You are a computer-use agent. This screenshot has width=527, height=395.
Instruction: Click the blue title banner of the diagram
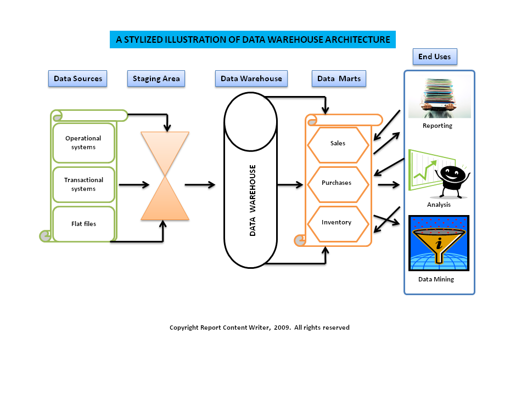pyautogui.click(x=253, y=39)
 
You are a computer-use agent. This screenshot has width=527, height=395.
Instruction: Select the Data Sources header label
pyautogui.click(x=77, y=78)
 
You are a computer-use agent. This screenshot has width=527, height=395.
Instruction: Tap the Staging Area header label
pyautogui.click(x=156, y=78)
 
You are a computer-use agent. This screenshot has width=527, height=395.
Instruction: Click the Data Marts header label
pyautogui.click(x=339, y=78)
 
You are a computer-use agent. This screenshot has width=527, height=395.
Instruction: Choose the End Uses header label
pyautogui.click(x=434, y=57)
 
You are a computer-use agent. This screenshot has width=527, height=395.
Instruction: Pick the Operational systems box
pyautogui.click(x=83, y=143)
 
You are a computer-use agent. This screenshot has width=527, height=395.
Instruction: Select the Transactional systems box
pyautogui.click(x=83, y=184)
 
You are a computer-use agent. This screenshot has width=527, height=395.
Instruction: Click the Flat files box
pyautogui.click(x=83, y=223)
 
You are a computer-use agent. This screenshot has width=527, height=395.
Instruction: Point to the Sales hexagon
pyautogui.click(x=338, y=143)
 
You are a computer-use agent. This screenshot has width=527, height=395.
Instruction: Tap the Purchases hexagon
pyautogui.click(x=337, y=183)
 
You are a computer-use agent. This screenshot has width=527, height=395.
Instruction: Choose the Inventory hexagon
pyautogui.click(x=337, y=222)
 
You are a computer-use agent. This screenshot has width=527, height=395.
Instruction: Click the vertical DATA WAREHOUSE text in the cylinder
pyautogui.click(x=253, y=200)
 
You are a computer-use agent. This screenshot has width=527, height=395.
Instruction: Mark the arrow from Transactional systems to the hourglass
pyautogui.click(x=134, y=185)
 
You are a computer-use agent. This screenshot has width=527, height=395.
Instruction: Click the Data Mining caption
pyautogui.click(x=436, y=279)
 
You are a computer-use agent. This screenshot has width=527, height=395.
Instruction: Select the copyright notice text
pyautogui.click(x=259, y=328)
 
